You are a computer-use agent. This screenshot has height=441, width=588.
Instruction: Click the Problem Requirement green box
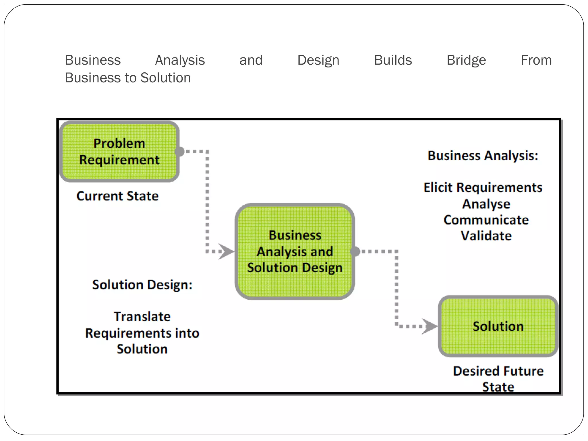(x=119, y=152)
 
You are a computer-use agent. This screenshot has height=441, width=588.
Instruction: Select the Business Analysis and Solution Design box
(x=295, y=252)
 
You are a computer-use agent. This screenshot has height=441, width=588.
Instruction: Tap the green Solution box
(x=498, y=326)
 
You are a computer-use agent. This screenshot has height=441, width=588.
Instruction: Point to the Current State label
(x=117, y=196)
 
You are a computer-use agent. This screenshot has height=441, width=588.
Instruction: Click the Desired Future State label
(x=498, y=379)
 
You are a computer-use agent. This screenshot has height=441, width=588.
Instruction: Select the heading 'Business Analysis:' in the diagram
(x=483, y=156)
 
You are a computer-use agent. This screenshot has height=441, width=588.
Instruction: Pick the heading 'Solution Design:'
(x=142, y=285)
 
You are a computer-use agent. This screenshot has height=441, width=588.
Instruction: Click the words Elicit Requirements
(x=483, y=187)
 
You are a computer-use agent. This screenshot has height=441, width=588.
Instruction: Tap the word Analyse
(x=486, y=204)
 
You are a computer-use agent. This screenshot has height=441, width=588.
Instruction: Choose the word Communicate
(x=486, y=220)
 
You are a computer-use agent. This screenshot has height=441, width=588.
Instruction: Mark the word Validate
(x=486, y=236)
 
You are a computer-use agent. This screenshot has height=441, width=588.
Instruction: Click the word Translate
(x=142, y=317)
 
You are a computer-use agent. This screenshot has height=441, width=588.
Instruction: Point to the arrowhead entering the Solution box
(x=430, y=326)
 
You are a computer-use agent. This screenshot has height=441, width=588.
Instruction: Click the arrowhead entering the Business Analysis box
(x=226, y=252)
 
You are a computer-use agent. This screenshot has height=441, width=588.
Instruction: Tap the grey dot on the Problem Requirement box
(x=179, y=151)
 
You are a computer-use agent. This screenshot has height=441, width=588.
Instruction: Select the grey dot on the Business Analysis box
(x=355, y=252)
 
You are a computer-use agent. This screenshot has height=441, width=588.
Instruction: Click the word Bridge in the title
(x=466, y=60)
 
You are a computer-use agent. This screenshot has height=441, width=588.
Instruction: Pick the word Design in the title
(x=318, y=60)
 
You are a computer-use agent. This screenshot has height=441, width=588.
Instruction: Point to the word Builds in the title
(x=393, y=60)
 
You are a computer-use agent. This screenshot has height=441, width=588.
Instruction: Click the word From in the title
(x=536, y=60)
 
